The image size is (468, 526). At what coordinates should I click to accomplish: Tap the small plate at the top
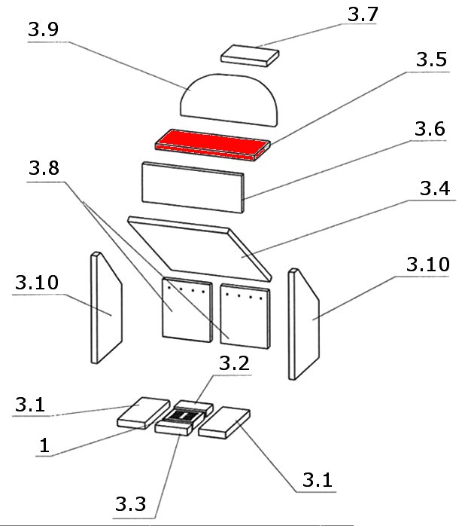pos(250,55)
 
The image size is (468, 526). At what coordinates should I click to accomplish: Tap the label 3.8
pos(44,169)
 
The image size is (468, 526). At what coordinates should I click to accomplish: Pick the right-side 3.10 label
pos(427,265)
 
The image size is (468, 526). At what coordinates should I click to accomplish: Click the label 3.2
pos(233,362)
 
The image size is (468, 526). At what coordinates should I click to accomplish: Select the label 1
pos(44,446)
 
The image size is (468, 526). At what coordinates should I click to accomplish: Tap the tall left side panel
pos(106,307)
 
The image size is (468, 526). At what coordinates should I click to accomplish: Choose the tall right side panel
pos(303,323)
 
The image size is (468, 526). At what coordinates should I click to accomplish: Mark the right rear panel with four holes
pos(245,314)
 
